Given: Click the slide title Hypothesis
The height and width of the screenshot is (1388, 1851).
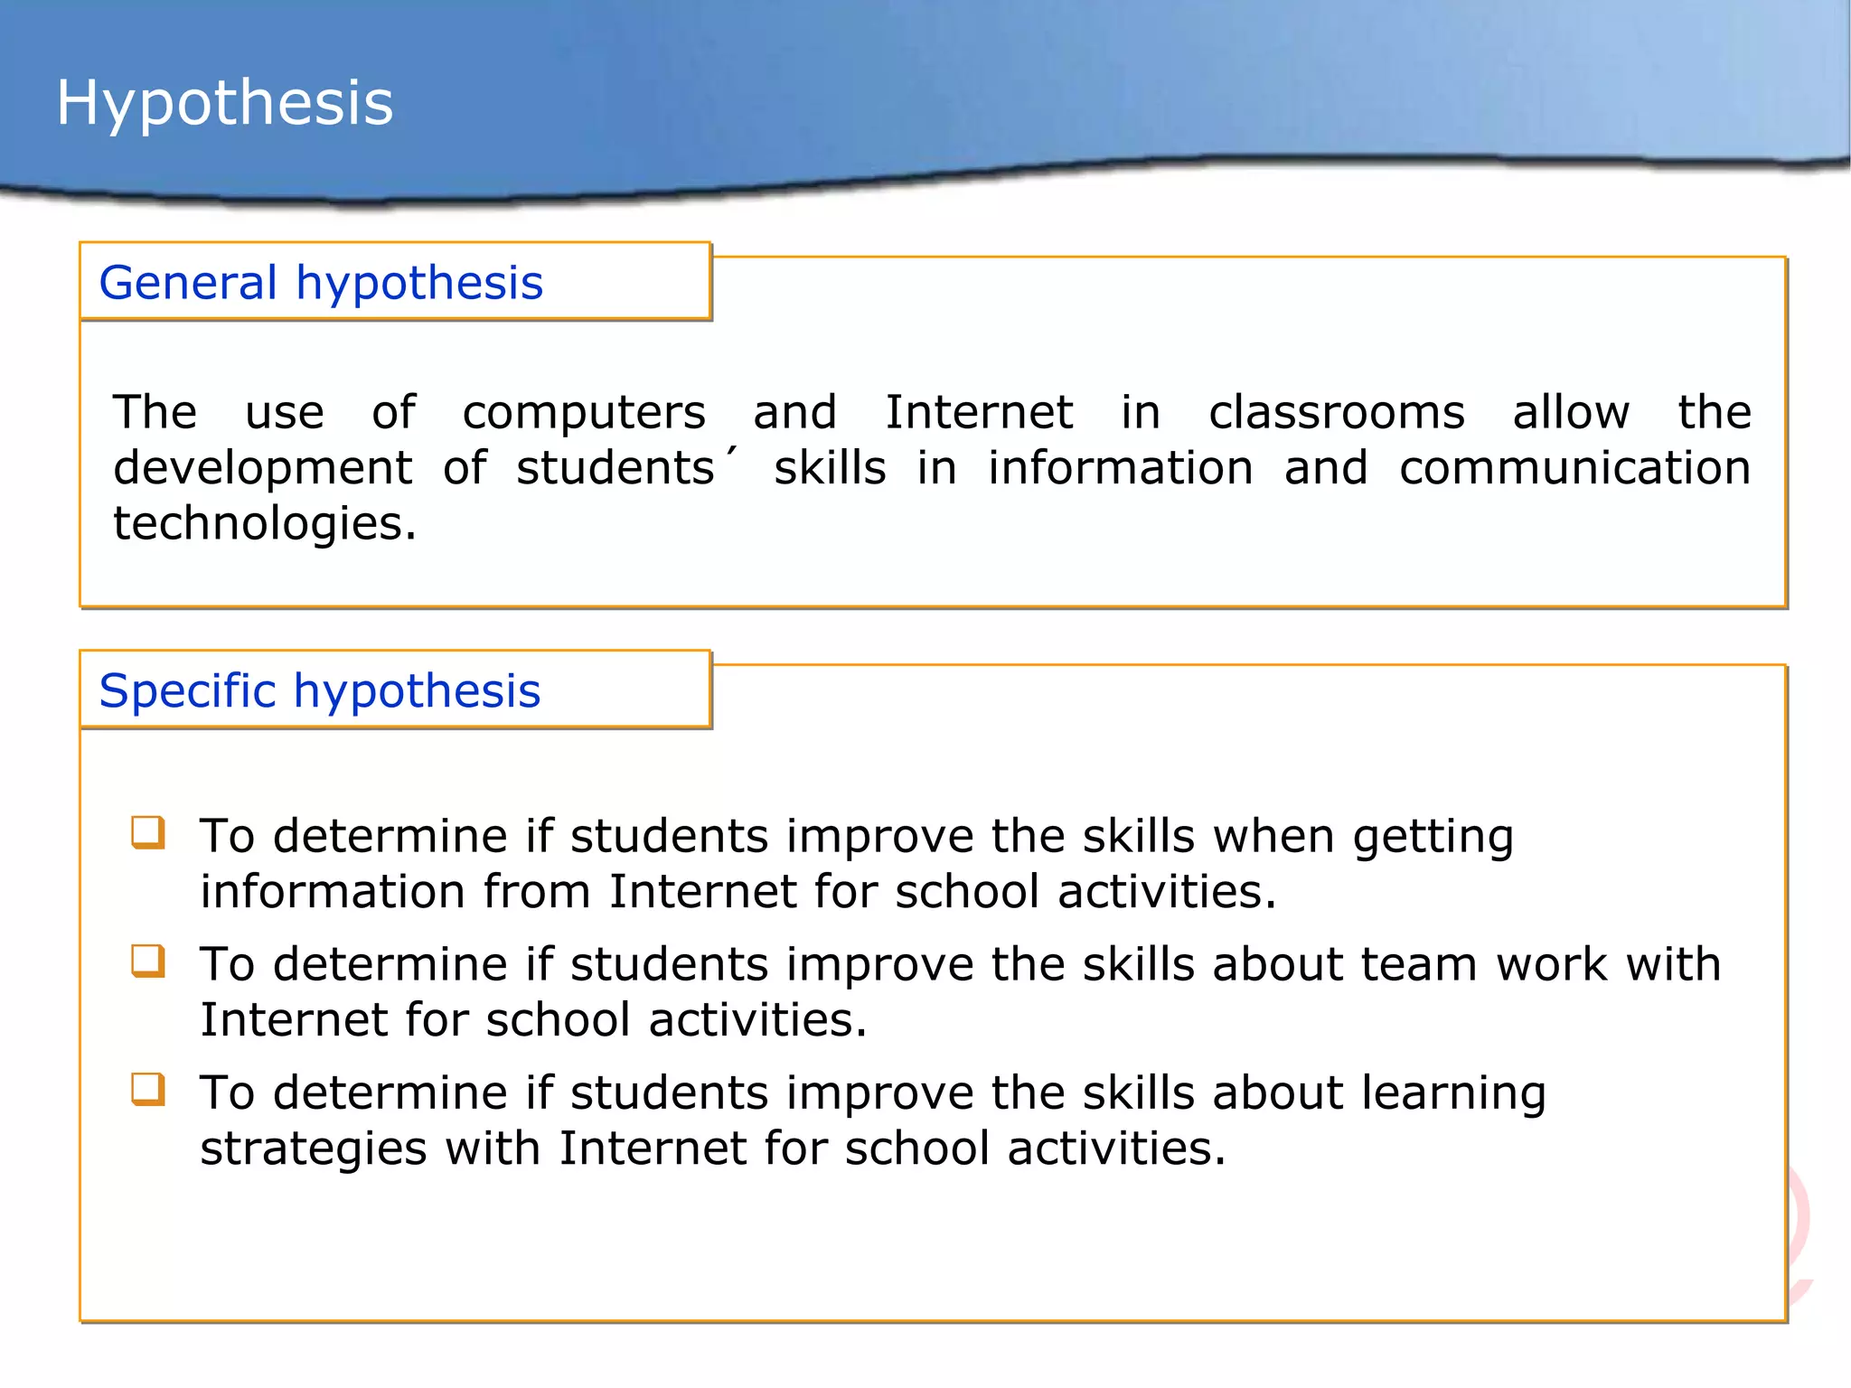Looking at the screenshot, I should coord(224,102).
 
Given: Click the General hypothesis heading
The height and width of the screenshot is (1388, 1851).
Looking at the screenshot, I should coord(321,283).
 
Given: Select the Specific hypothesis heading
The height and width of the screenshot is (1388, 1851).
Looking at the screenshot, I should coord(319,691).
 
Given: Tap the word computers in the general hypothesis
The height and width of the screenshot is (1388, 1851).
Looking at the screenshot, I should coord(584,413).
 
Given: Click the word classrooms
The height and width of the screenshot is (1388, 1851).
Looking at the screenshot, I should coord(1337,413).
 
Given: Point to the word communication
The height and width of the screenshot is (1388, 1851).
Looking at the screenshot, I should coord(1574,468).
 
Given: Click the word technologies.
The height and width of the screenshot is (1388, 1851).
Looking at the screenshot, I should coord(264,524).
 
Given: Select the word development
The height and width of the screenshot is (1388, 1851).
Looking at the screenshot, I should coord(262,468).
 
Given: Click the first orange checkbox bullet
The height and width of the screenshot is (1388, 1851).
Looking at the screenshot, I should coord(148,832).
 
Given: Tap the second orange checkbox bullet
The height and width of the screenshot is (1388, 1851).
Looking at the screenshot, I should coord(148,961).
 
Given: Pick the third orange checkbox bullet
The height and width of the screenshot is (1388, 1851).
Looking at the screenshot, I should coord(148,1089).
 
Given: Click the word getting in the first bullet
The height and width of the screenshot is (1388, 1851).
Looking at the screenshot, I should coord(1433,837).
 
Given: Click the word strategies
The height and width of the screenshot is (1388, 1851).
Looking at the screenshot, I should coord(313,1149).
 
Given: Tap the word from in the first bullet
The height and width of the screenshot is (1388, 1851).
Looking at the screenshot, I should coord(536,892).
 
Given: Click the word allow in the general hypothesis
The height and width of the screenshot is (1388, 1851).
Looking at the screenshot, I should coord(1571,413).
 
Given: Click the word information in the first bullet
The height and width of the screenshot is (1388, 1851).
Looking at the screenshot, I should coord(333,892).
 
